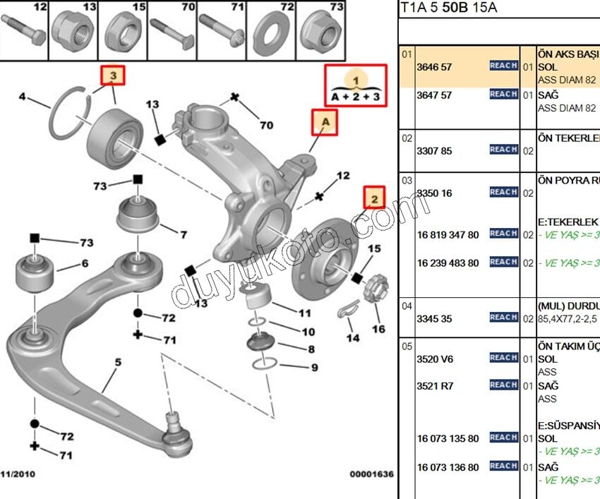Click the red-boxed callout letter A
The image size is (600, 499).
click(x=325, y=123)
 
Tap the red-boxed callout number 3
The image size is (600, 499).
click(x=112, y=74)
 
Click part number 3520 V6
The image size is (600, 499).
click(x=435, y=359)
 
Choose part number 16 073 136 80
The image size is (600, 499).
click(x=448, y=467)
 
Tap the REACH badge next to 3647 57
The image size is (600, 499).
click(x=503, y=94)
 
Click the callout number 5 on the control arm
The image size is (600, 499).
click(x=118, y=363)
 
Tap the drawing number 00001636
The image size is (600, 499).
click(x=371, y=474)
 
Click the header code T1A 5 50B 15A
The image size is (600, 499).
click(x=449, y=8)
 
